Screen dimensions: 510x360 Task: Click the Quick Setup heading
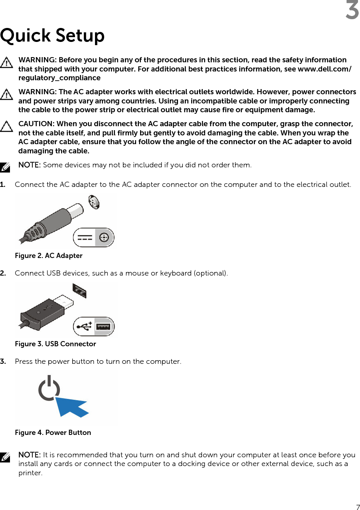coord(52,36)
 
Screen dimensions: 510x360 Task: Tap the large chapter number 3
coord(352,11)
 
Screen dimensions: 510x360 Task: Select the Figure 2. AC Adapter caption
coord(49,256)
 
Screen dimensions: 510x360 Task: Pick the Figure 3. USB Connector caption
coord(55,344)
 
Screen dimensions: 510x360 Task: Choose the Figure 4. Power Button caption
coord(53,433)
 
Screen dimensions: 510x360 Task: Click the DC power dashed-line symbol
coord(85,238)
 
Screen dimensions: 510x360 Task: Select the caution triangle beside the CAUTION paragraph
coord(6,127)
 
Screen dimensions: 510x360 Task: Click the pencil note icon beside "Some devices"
coord(5,167)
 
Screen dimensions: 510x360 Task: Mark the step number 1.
coord(3,185)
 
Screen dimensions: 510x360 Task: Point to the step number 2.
coord(3,273)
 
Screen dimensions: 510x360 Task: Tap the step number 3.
coord(3,361)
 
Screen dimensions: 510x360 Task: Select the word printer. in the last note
coord(30,473)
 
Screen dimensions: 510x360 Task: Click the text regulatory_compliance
coord(59,78)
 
